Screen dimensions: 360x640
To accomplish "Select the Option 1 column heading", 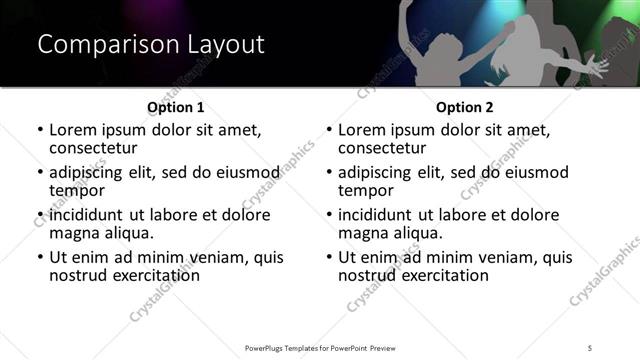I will coord(175,107).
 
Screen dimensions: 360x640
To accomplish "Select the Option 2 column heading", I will coord(464,107).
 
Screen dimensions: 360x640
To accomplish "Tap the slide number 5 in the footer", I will coord(591,347).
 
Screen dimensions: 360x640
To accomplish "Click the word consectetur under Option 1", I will coord(98,147).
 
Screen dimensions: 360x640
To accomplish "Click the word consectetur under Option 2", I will coord(387,147).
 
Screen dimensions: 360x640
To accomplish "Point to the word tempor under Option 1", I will coord(77,190).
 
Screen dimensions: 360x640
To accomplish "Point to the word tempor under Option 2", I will coord(366,190).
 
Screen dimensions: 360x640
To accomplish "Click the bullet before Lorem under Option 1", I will coord(39,130).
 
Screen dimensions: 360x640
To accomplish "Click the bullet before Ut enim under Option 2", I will coord(328,257).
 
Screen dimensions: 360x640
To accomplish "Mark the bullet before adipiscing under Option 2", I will coord(328,172).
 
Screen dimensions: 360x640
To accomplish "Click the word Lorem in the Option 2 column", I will coord(362,130).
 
